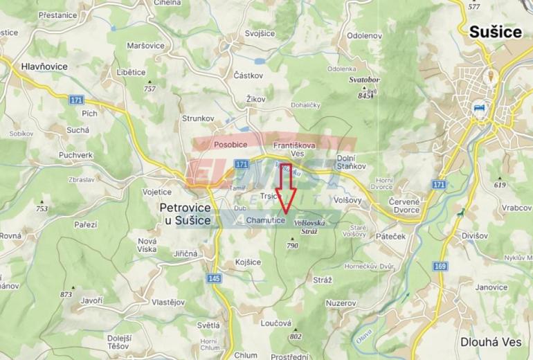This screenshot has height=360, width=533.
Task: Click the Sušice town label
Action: (497, 31)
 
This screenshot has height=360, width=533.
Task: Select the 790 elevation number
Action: (292, 246)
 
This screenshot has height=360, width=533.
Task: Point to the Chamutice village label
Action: (265, 220)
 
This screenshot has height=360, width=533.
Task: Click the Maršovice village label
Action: (146, 46)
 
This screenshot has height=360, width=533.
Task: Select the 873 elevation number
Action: (66, 294)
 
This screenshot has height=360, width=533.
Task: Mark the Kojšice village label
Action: (248, 262)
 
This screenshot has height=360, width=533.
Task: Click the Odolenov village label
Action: (364, 35)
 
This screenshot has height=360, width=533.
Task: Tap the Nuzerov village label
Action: (341, 304)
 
